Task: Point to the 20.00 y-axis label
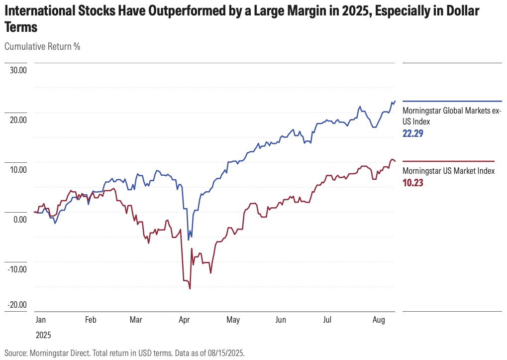[17, 120]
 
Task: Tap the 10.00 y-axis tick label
[17, 170]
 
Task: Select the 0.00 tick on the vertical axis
[19, 220]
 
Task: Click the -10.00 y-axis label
[16, 269]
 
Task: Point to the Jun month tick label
[281, 320]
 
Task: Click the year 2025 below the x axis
[43, 335]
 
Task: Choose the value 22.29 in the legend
[413, 134]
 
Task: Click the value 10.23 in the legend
[412, 183]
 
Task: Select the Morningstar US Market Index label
[448, 171]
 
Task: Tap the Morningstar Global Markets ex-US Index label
[451, 116]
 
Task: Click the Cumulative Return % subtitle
[42, 47]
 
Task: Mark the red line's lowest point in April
[190, 288]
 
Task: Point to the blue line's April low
[189, 240]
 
